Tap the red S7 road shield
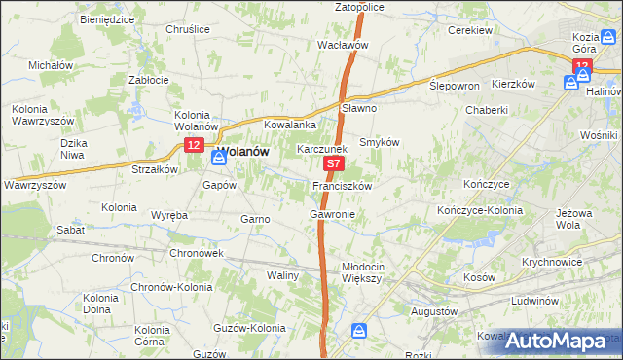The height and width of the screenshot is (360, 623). (x=333, y=167)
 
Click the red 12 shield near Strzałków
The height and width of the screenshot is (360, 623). (x=193, y=146)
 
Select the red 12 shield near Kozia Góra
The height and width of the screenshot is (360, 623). (x=582, y=65)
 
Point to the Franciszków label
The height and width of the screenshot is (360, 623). (x=340, y=185)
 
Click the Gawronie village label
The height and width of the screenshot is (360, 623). (x=332, y=213)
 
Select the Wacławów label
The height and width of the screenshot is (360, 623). (x=343, y=45)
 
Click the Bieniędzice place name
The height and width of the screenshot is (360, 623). (x=107, y=18)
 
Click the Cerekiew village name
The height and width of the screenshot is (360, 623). (x=469, y=30)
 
